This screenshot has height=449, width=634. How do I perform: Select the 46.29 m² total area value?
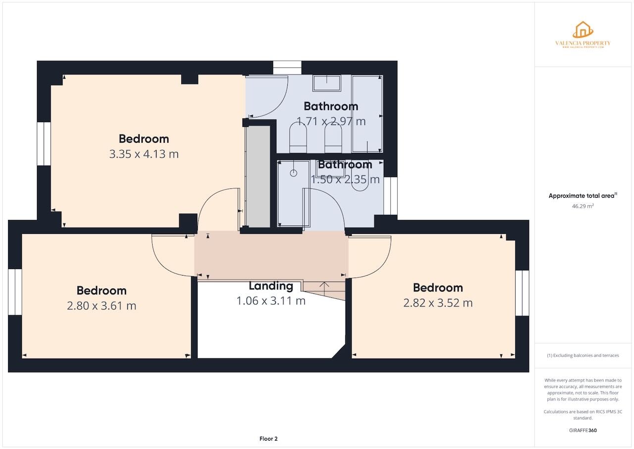[x=582, y=206]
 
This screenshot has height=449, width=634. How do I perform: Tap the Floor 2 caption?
[x=268, y=439]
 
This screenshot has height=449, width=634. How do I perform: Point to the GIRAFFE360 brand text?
[x=582, y=430]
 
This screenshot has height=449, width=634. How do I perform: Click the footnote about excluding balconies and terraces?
[x=582, y=355]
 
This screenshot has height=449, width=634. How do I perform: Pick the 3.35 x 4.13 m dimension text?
[x=144, y=154]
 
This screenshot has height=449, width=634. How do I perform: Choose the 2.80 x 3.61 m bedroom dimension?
[x=101, y=306]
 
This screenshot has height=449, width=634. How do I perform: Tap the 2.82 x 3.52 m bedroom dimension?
[x=438, y=303]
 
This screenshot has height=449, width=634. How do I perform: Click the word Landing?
[x=270, y=286]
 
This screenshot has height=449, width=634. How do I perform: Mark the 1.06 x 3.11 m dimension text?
[x=270, y=301]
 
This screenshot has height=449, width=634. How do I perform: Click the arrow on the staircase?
[x=325, y=285]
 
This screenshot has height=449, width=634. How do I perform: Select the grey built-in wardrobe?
[x=258, y=176]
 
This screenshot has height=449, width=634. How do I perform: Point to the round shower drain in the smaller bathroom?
[x=293, y=173]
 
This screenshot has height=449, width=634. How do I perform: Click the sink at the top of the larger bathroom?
[x=326, y=83]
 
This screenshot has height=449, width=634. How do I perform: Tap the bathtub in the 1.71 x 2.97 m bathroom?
[x=367, y=113]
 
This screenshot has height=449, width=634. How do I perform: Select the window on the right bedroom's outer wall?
[x=522, y=293]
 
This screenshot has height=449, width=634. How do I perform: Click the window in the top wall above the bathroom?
[x=287, y=67]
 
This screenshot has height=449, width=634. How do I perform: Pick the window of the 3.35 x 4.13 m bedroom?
[x=44, y=143]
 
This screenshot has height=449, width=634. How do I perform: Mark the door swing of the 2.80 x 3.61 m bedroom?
[x=171, y=257]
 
